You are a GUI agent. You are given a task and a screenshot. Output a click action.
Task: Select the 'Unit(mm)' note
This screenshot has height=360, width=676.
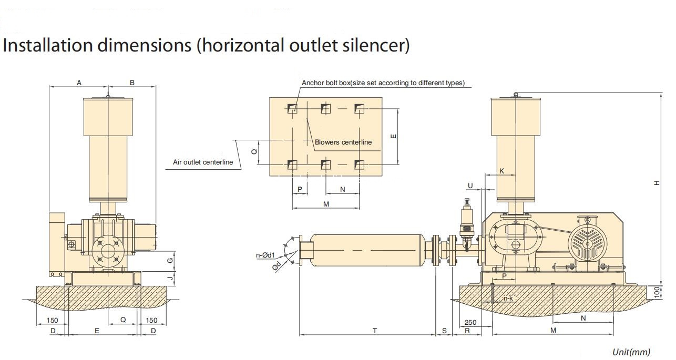pos(631,352)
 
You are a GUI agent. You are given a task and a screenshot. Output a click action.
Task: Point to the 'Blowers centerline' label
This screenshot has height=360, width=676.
pos(343,142)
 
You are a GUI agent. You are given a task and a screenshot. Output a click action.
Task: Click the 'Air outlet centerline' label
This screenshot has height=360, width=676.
pos(203,162)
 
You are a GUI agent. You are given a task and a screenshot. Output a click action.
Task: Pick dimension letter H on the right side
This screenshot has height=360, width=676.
pos(657,183)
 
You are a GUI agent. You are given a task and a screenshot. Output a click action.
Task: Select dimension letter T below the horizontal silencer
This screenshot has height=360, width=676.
pos(375,331)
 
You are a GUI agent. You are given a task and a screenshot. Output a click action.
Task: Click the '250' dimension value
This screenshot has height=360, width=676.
pos(470,322)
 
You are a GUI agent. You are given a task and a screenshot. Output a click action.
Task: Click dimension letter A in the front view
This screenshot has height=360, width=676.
pos(79,83)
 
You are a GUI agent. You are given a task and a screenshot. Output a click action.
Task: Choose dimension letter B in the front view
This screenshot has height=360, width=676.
pos(132,83)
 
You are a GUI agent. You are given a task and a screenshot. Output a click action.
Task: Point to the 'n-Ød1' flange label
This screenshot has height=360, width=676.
pos(265,255)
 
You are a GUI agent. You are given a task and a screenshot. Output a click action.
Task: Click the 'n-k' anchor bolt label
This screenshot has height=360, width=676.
pos(508,299)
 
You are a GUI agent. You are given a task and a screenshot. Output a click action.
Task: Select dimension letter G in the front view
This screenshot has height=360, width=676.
pos(170,260)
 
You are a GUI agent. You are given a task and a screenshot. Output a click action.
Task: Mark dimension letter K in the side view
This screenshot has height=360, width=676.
pos(501,171)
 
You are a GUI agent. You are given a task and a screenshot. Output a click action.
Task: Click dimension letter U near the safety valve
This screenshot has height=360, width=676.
pos(470,186)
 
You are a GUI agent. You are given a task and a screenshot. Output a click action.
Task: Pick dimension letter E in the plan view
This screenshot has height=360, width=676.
pos(393,136)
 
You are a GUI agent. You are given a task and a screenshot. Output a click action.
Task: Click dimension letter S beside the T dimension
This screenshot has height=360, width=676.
pos(444,331)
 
